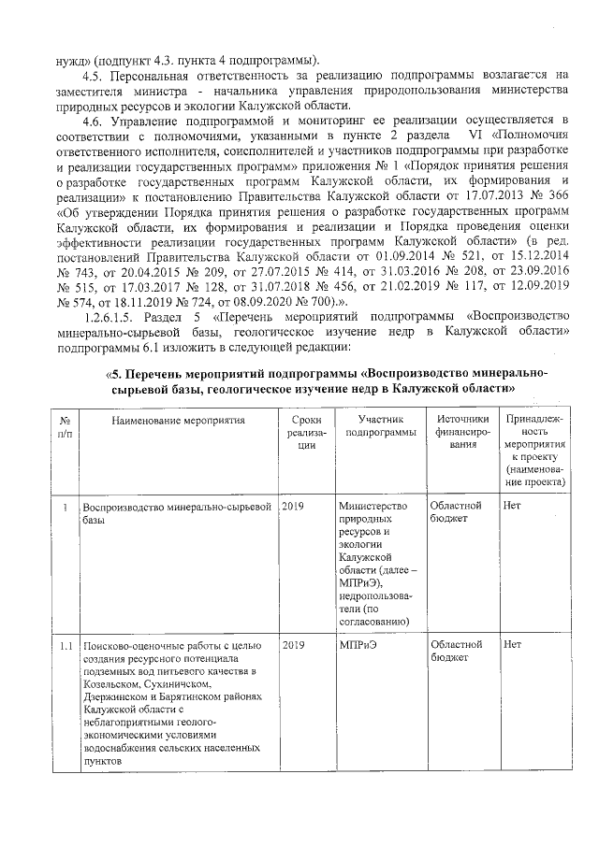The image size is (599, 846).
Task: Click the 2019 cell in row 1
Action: click(x=294, y=506)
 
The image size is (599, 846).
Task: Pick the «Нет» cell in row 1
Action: click(x=512, y=506)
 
